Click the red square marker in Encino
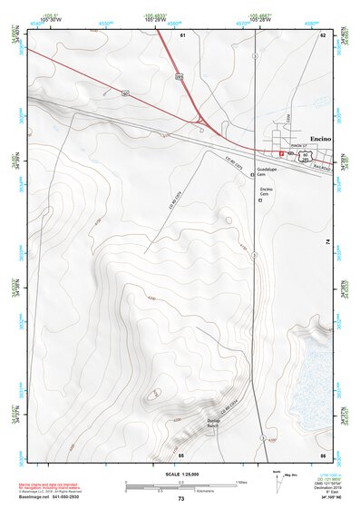tap(282, 154)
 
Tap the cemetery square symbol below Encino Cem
tap(260, 201)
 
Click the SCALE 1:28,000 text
tap(181, 474)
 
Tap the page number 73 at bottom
tap(181, 500)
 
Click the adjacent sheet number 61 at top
tap(182, 34)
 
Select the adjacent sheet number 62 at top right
tap(322, 34)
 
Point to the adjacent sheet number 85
tap(181, 454)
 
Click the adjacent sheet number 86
tap(322, 454)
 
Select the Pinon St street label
tap(300, 145)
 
